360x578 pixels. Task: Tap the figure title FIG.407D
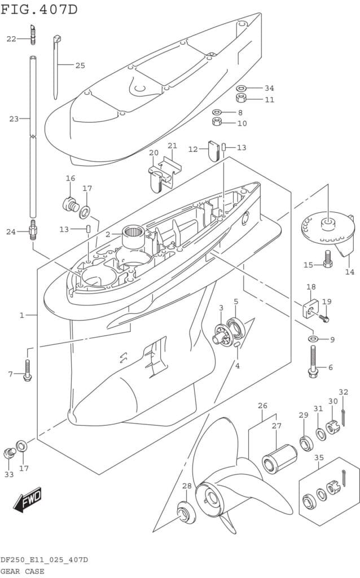coord(39,9)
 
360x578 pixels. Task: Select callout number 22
coord(11,38)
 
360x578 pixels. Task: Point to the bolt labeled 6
coord(313,364)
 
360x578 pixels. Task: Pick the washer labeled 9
coord(313,339)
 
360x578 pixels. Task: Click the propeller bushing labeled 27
coord(280,458)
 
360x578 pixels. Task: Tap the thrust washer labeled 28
coord(184,511)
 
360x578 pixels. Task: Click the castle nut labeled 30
coord(333,427)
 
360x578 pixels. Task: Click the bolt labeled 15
coord(328,260)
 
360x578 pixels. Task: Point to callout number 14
coord(350,272)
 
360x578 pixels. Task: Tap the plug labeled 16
coord(71,203)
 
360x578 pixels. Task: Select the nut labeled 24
coord(34,230)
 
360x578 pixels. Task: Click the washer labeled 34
coord(241,88)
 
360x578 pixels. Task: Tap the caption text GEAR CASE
coord(23,571)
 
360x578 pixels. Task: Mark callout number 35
coord(319,457)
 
